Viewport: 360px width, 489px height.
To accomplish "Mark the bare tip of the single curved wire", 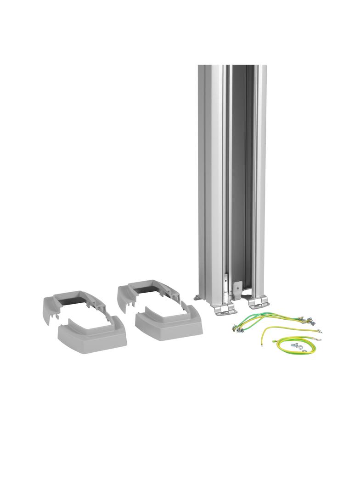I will pyautogui.click(x=262, y=343).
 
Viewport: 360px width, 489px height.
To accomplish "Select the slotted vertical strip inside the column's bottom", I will pyautogui.click(x=226, y=286).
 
